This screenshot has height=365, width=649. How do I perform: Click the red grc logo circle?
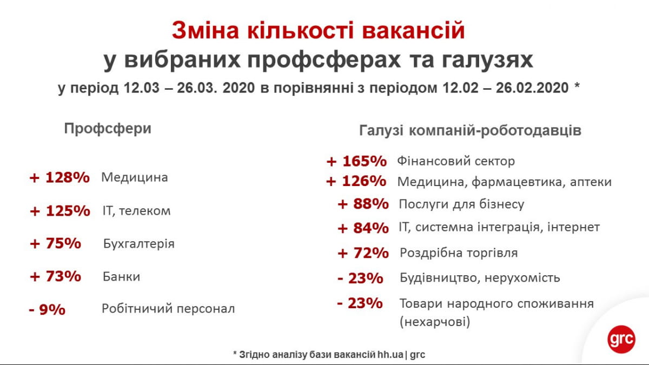coord(621,339)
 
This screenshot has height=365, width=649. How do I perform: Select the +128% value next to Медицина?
coord(59,177)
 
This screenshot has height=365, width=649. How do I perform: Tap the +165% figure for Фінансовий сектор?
coord(356,161)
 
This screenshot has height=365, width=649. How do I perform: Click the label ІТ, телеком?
coord(136,210)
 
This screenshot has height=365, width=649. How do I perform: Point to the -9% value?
coord(47,309)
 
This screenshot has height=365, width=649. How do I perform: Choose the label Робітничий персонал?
coord(168,309)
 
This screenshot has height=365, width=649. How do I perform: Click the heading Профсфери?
coord(108,129)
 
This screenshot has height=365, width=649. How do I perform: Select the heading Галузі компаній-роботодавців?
coord(470,130)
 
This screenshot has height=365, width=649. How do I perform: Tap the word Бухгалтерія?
coord(139,244)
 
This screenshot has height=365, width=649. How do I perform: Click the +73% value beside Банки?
coord(55,276)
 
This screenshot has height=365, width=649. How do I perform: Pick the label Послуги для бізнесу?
coord(461,204)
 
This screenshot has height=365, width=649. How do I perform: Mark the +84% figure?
coord(363,228)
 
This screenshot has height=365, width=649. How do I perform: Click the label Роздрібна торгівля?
coord(459,253)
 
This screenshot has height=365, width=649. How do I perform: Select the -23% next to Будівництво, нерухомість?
coord(360,278)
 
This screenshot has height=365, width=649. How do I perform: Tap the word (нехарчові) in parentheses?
coord(435,322)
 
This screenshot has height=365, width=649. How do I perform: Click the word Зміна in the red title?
coord(205,30)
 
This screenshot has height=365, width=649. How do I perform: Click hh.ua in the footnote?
coord(390,355)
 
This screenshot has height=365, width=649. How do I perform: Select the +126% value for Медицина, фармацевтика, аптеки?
coord(356,181)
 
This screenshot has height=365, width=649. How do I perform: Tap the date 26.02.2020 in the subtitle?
coord(532,88)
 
